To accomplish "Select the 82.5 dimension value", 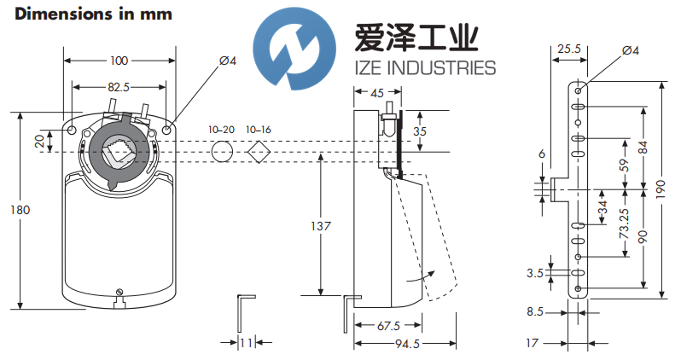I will (x=119, y=87).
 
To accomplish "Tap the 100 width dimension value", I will (x=119, y=60).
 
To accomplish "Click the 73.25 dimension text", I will (x=625, y=224).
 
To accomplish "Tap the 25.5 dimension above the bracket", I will (x=566, y=50).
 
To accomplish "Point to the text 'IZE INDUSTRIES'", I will (x=424, y=68).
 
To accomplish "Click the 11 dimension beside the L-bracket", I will (x=246, y=343).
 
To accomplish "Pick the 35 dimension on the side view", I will (x=419, y=131).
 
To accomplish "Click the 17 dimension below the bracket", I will (x=533, y=343).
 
